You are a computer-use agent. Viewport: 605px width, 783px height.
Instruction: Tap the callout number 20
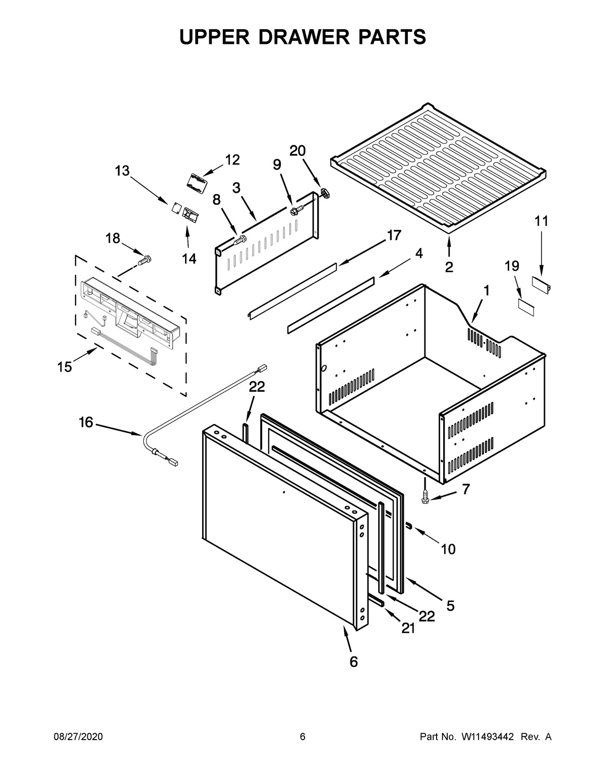[x=297, y=150]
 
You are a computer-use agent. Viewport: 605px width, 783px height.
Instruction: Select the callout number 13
[x=122, y=171]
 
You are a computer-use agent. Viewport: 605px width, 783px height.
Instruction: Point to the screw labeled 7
[x=426, y=498]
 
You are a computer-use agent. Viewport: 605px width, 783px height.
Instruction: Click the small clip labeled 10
[x=409, y=526]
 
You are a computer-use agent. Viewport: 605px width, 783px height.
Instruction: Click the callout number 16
[x=86, y=422]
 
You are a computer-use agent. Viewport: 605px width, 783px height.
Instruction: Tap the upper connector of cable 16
[x=262, y=370]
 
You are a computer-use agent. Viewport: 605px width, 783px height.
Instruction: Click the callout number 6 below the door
[x=353, y=661]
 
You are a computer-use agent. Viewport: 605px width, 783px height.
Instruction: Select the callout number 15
[x=65, y=367]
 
